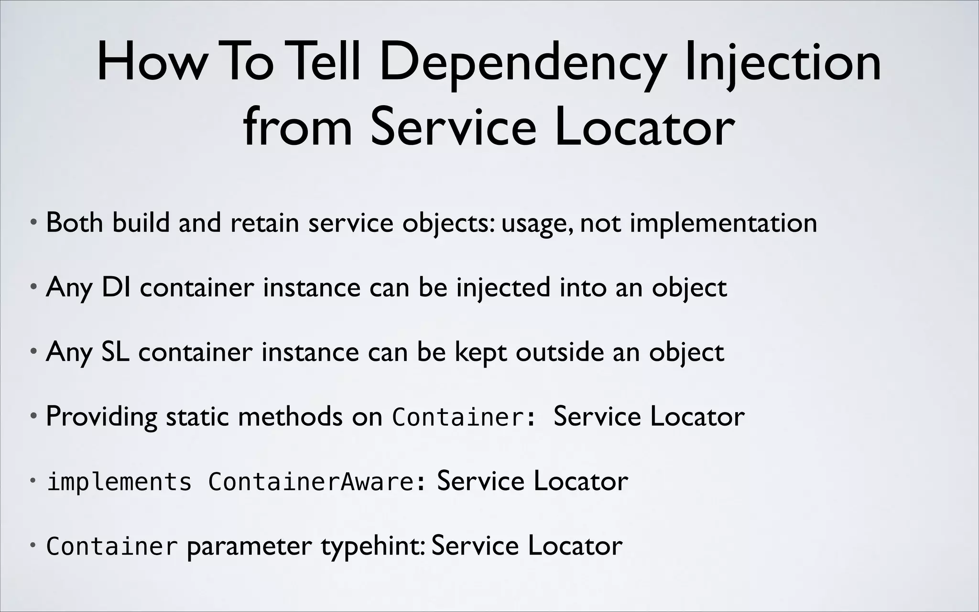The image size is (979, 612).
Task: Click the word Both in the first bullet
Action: coord(74,223)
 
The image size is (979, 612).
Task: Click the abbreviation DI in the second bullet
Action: coord(116,287)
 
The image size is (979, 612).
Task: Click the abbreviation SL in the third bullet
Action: coord(115,352)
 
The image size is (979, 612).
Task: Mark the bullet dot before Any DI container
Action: coord(33,287)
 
